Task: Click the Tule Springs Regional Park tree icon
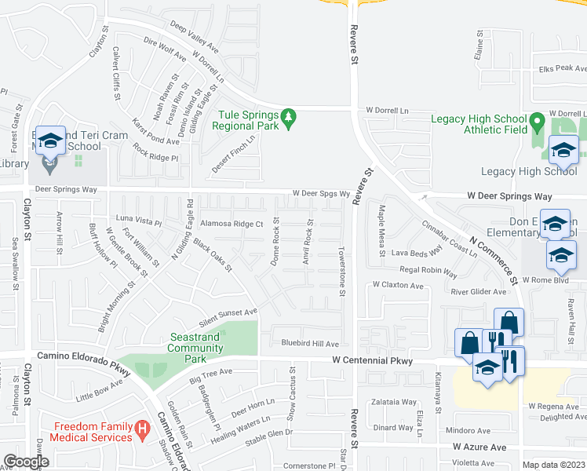(290, 118)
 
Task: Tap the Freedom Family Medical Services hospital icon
(142, 429)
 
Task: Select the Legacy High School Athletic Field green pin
(537, 122)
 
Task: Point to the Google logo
(25, 462)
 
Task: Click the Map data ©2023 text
(553, 465)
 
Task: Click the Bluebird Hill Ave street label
(310, 344)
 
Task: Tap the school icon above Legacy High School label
(563, 149)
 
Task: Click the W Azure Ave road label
(477, 446)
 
